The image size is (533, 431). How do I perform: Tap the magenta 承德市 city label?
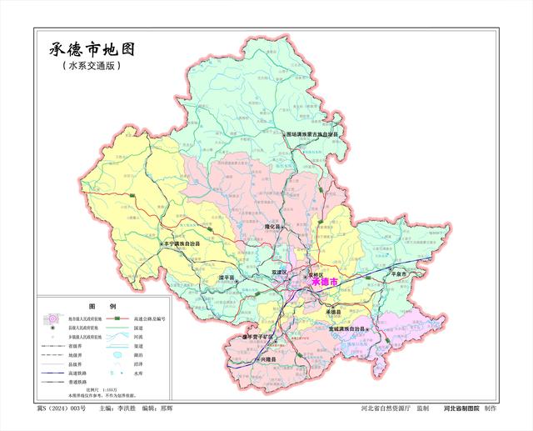(324, 283)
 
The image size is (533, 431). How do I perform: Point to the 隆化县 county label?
(276, 226)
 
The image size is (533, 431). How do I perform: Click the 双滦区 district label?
(278, 273)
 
